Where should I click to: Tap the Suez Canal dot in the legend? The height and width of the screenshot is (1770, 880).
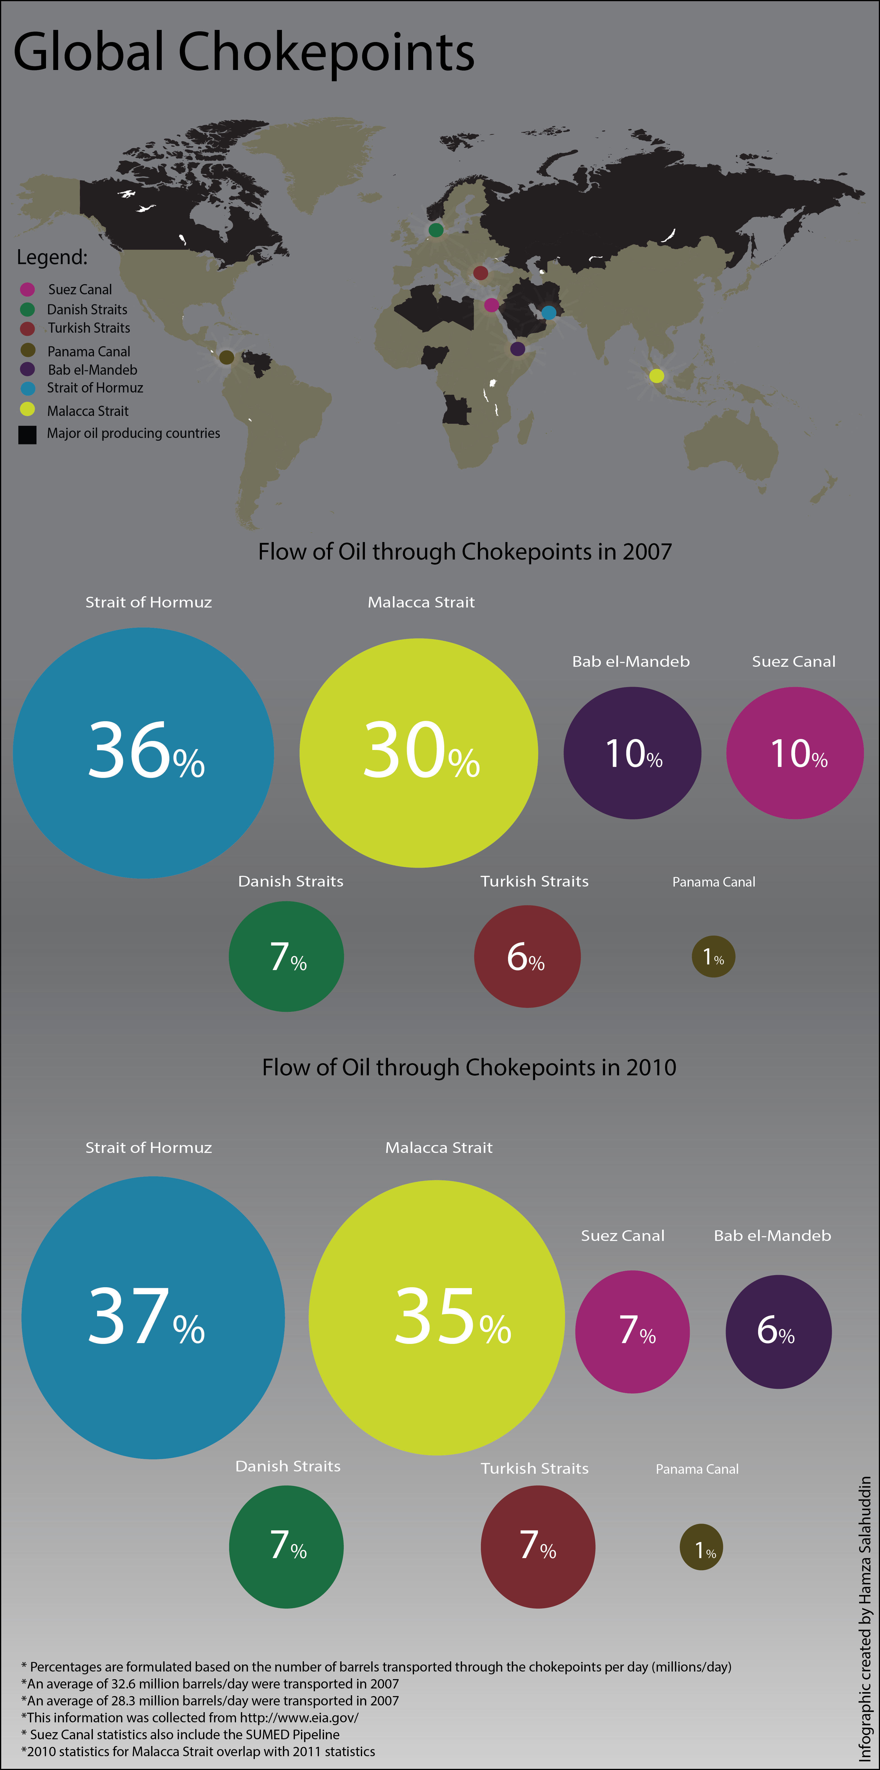click(27, 289)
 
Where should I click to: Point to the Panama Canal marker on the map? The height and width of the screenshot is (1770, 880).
click(226, 357)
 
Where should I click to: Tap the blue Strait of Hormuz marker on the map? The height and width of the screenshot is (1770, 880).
click(549, 313)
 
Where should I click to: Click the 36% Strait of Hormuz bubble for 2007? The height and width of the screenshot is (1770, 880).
click(144, 753)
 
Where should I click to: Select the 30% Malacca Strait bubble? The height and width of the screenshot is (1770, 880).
click(419, 753)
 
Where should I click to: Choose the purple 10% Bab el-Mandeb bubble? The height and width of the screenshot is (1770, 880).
click(632, 753)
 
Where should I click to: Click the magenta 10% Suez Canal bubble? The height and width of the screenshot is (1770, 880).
click(795, 753)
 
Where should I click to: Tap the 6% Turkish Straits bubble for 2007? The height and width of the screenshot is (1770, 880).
click(527, 957)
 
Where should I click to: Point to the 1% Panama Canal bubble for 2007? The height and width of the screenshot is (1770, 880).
click(714, 957)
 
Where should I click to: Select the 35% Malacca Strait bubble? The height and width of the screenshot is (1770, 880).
click(437, 1318)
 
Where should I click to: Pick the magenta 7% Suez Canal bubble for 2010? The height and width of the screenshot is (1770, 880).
click(632, 1332)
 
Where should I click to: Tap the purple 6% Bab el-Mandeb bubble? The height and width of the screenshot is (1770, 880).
click(778, 1332)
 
